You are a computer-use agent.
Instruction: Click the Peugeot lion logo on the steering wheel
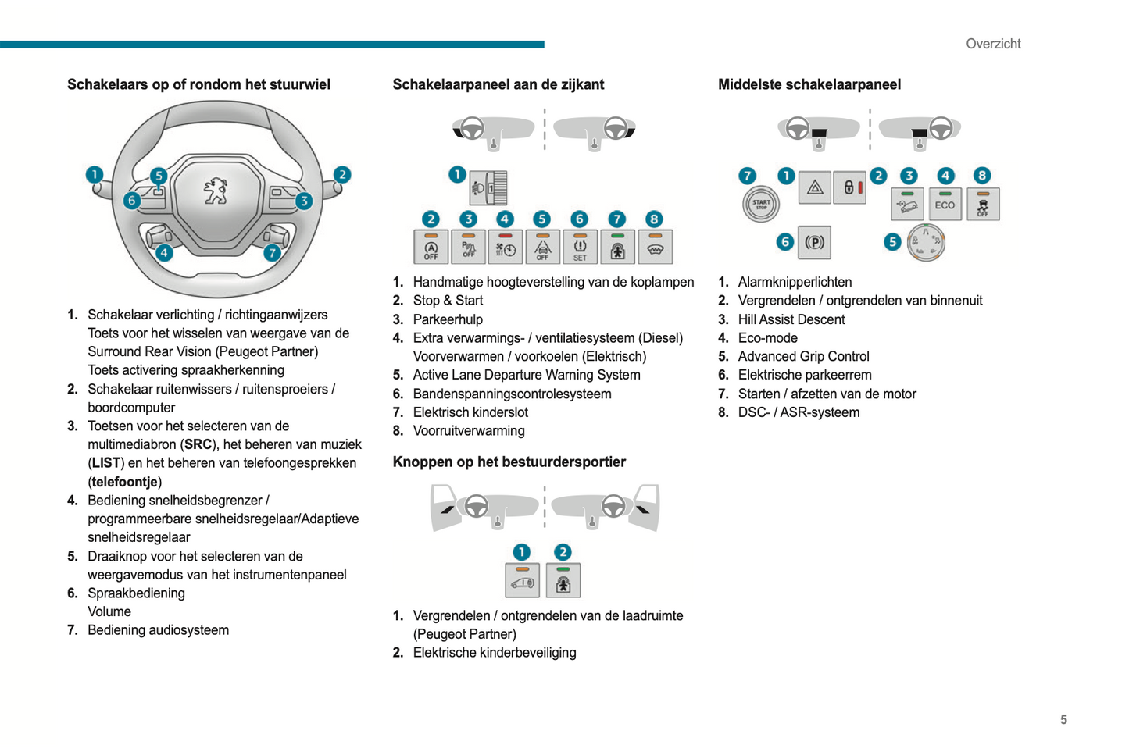(216, 190)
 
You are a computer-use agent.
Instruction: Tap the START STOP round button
(760, 204)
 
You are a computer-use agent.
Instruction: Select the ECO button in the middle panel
(945, 205)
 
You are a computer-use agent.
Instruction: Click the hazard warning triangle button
(814, 187)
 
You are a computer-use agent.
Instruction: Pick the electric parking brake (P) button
(814, 242)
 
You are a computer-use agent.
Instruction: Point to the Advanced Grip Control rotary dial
(926, 242)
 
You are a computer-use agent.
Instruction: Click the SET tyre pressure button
(580, 248)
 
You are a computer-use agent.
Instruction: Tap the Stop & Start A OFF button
(431, 248)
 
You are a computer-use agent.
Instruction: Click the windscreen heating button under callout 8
(655, 248)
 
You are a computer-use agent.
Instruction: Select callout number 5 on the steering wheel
(159, 176)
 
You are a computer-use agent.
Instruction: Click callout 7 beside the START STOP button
(747, 176)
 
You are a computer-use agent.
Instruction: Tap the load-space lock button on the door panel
(522, 581)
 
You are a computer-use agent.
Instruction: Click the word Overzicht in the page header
(993, 44)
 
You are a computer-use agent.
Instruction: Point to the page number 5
(1063, 719)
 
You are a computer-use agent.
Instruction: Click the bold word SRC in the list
(198, 444)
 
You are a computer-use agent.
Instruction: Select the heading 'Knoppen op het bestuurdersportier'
(509, 462)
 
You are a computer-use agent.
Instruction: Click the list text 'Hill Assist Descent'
(791, 319)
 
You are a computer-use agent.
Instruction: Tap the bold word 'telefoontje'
(125, 482)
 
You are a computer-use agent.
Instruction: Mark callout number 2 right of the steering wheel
(341, 175)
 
